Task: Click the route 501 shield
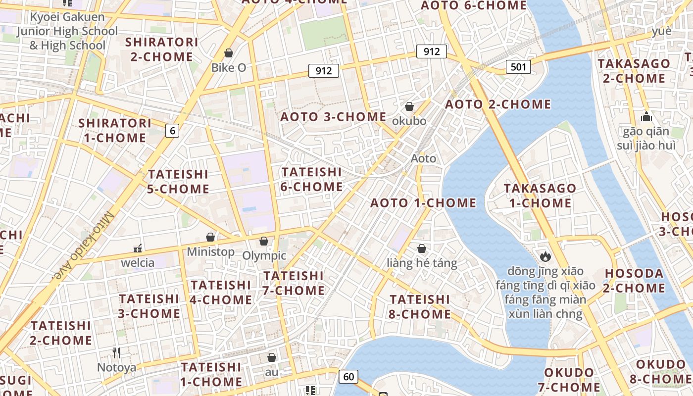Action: pos(518,67)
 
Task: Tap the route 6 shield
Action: pos(172,131)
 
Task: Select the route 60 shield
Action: pos(348,377)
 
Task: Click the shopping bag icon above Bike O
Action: pos(229,53)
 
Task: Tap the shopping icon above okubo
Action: pos(409,106)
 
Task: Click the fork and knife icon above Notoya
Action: pos(116,353)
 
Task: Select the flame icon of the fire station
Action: pos(545,256)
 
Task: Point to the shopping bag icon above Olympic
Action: pos(264,241)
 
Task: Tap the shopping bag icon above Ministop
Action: pos(210,237)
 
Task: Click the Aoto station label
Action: pos(424,158)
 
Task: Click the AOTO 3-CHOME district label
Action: pos(333,117)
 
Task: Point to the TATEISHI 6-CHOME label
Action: pos(312,179)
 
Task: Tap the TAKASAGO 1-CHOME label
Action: pos(540,196)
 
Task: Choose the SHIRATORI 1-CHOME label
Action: pos(115,130)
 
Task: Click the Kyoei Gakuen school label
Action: pos(68,31)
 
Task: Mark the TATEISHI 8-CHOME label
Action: pos(420,307)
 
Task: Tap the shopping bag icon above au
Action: pos(272,357)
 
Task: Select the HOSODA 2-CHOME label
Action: pos(635,281)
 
